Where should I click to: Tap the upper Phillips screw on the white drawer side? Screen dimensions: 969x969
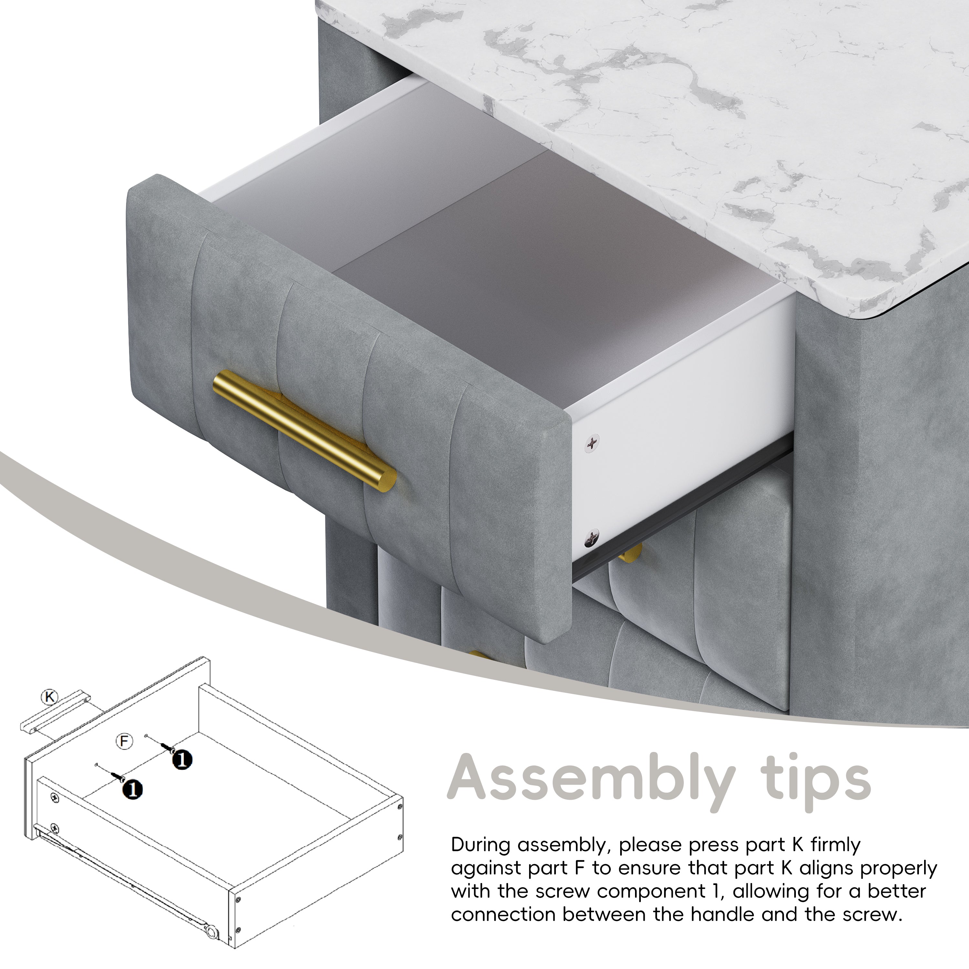click(x=593, y=442)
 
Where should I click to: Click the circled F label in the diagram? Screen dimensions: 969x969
click(x=124, y=741)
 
